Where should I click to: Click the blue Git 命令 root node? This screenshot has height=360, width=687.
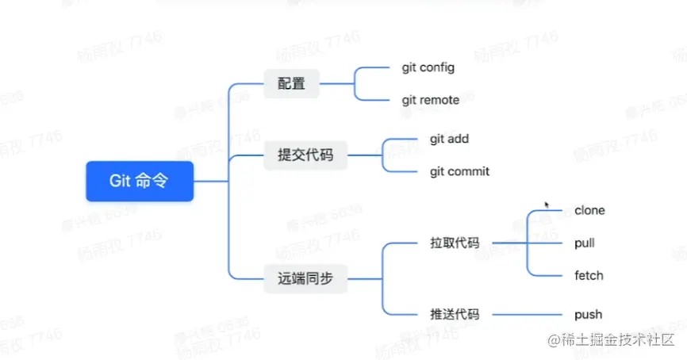(x=139, y=181)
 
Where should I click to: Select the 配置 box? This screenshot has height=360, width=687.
(x=291, y=83)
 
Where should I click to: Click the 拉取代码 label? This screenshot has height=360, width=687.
(x=455, y=243)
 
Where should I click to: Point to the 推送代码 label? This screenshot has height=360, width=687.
(x=455, y=315)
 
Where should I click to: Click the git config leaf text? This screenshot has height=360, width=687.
(x=428, y=67)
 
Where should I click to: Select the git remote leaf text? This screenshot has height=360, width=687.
(x=430, y=100)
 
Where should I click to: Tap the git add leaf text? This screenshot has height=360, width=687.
(x=449, y=139)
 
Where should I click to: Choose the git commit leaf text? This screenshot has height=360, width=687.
(x=459, y=171)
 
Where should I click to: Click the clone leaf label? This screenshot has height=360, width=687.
(x=589, y=210)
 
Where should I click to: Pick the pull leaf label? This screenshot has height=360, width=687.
(x=585, y=243)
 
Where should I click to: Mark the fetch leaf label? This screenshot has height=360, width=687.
(x=589, y=275)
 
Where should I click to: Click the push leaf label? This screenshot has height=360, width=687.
(x=588, y=315)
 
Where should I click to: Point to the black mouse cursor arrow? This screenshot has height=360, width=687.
(x=546, y=205)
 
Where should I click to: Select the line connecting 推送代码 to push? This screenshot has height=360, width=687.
(x=524, y=315)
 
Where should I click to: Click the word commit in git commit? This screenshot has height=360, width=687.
(x=470, y=171)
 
